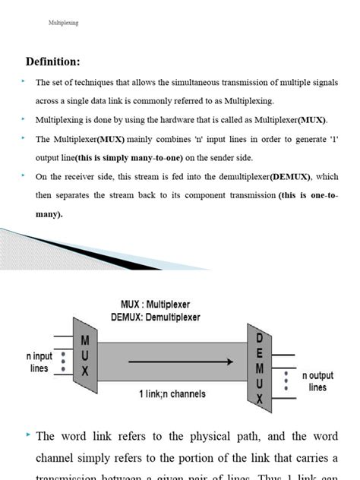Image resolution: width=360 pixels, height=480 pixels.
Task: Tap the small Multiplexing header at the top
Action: (x=63, y=24)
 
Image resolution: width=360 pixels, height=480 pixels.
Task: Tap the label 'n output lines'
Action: (x=317, y=381)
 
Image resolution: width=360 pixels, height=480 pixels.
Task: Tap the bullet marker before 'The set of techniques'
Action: (x=24, y=81)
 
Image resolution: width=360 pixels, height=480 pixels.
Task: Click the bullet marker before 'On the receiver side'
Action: (x=24, y=176)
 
